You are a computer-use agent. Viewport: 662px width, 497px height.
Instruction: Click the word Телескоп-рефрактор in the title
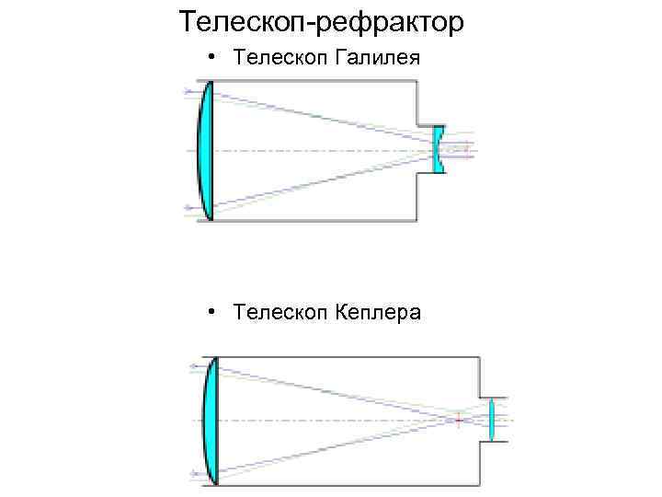(x=322, y=21)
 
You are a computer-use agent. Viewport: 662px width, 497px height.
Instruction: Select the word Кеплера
(x=374, y=313)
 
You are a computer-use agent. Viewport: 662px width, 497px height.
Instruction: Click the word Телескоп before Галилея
(x=275, y=59)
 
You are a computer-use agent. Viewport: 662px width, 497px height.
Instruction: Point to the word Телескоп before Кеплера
(x=275, y=313)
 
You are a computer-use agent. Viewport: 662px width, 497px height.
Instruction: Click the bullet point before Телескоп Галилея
(x=212, y=58)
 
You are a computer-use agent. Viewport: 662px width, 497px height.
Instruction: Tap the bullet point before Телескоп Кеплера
(x=212, y=312)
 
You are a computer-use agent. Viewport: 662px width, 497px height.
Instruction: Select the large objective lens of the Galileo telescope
(x=207, y=150)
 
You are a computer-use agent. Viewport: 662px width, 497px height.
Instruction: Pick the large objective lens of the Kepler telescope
(x=210, y=420)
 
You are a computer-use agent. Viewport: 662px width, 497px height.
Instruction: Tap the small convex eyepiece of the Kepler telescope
(x=492, y=420)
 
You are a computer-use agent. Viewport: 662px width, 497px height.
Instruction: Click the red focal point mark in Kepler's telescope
(x=459, y=420)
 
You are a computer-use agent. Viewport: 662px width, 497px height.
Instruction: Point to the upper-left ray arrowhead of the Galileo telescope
(x=189, y=90)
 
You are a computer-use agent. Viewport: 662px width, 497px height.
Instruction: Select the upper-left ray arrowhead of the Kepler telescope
(x=193, y=366)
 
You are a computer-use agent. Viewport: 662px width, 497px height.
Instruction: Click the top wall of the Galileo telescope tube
(x=313, y=81)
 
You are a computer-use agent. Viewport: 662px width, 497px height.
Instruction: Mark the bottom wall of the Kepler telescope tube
(x=349, y=483)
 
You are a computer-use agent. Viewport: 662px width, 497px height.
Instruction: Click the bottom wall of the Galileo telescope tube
(x=313, y=220)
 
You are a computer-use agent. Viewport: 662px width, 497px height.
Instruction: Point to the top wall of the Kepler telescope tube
(x=349, y=357)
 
